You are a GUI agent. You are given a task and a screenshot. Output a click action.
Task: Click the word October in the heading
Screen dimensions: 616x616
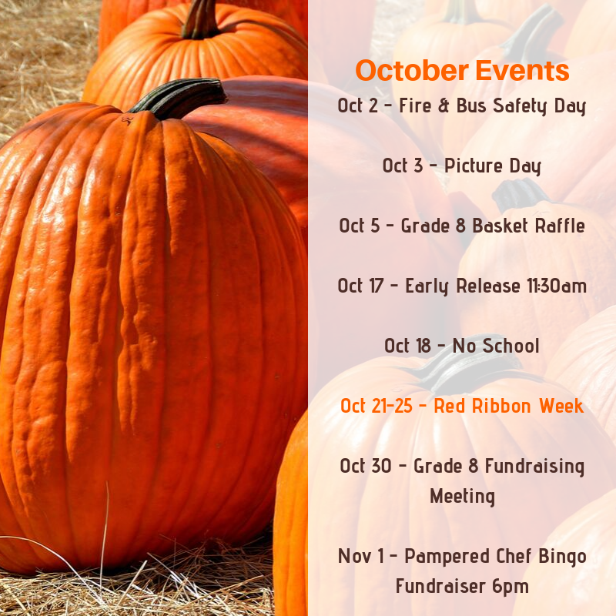tap(412, 71)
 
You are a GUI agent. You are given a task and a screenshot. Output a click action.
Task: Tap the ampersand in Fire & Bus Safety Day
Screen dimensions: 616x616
tap(444, 105)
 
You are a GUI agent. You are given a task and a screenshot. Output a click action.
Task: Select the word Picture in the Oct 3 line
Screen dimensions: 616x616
tap(473, 166)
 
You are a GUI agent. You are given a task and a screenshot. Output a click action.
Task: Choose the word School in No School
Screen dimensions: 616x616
tap(511, 346)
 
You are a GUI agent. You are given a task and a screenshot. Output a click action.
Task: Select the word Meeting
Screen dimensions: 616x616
tap(463, 496)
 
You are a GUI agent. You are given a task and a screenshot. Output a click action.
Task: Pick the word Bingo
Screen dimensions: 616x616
tap(562, 556)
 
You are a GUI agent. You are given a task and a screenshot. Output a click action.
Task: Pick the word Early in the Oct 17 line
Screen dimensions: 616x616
tap(427, 286)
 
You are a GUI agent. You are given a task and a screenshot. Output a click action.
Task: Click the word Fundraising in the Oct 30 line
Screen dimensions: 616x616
tap(534, 467)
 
